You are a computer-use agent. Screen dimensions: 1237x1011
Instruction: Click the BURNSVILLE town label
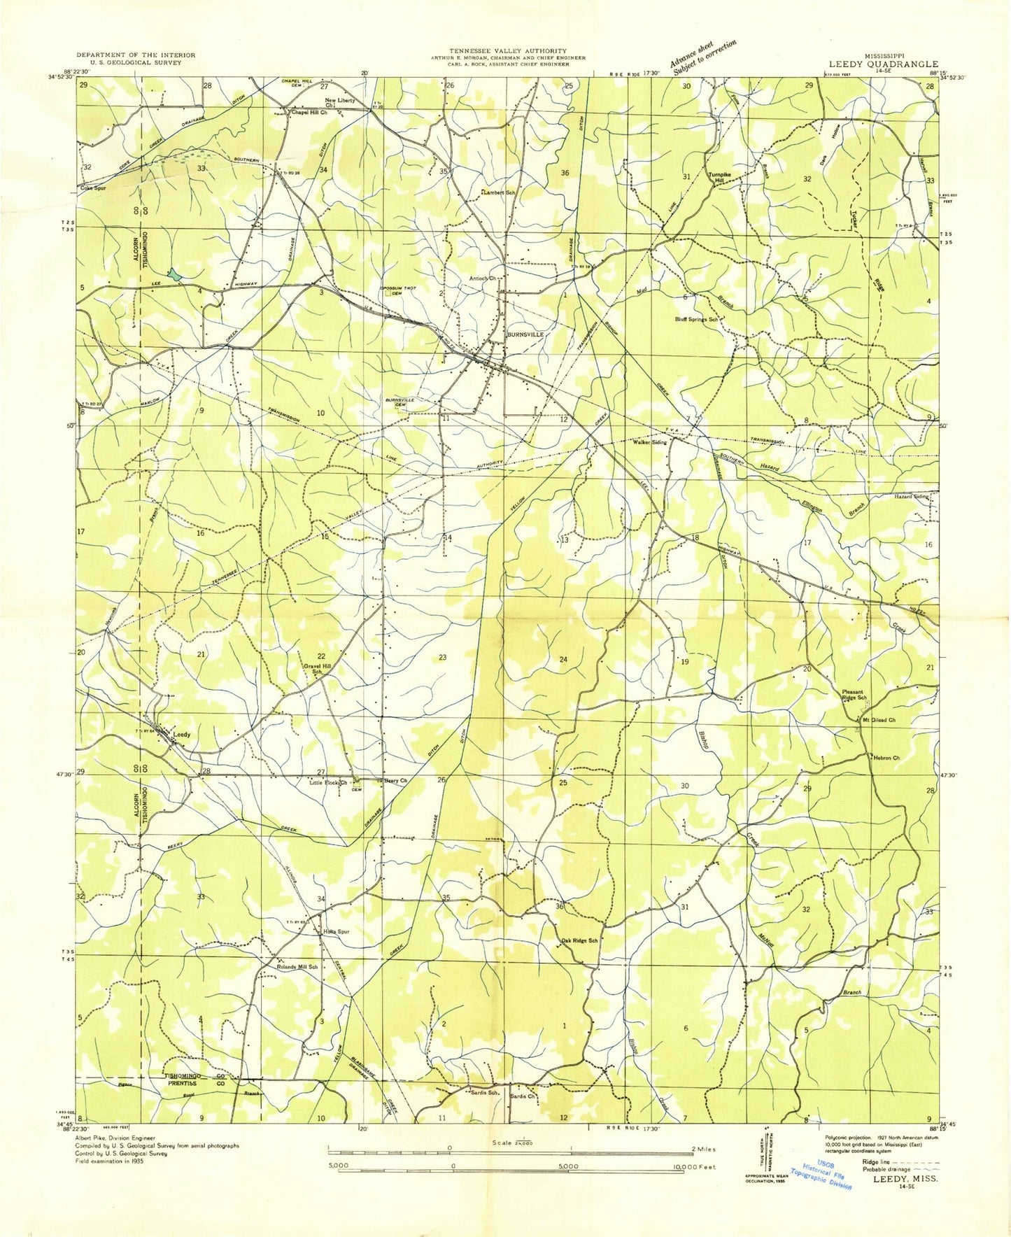pyautogui.click(x=526, y=334)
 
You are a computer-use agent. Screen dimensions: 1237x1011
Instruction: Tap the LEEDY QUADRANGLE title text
pyautogui.click(x=883, y=63)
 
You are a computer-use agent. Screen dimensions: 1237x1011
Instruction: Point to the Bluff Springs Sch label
pyautogui.click(x=696, y=319)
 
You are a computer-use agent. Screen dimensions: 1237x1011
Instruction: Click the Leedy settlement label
pyautogui.click(x=182, y=735)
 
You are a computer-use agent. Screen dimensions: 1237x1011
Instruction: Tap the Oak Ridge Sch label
pyautogui.click(x=580, y=940)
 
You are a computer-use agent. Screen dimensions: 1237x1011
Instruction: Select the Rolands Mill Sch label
pyautogui.click(x=297, y=967)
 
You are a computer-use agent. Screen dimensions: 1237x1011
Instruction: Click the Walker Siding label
pyautogui.click(x=650, y=442)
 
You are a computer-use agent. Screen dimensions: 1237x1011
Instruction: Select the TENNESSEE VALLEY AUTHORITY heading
pyautogui.click(x=508, y=51)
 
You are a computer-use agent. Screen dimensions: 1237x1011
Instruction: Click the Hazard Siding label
pyautogui.click(x=912, y=496)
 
